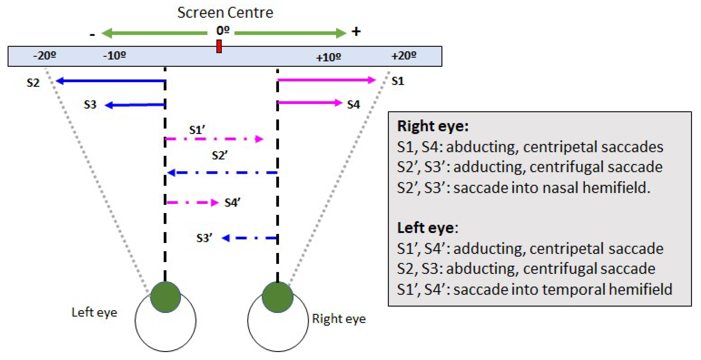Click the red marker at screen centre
[x=219, y=46]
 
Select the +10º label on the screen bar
[x=328, y=57]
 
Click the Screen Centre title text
[x=225, y=13]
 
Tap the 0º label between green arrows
[x=223, y=31]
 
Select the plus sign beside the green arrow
[x=356, y=31]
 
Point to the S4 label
[x=353, y=105]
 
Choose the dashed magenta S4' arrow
[x=192, y=202]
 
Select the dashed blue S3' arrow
[x=250, y=238]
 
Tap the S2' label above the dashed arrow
[x=219, y=155]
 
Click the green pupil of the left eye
[x=166, y=297]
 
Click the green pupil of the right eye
[x=277, y=297]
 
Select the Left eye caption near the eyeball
[x=94, y=312]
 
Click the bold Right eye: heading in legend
[x=433, y=126]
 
